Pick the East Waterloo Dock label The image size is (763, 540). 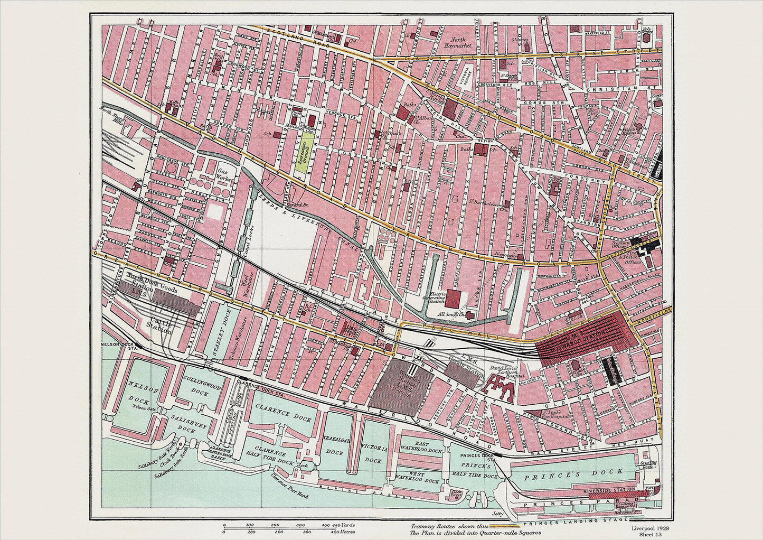pos(422,448)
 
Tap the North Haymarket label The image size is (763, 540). pos(463,42)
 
